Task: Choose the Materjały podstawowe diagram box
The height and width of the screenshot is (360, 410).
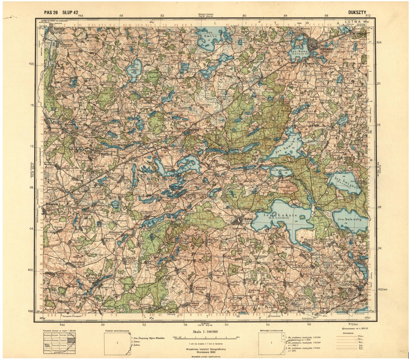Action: coord(270,343)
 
